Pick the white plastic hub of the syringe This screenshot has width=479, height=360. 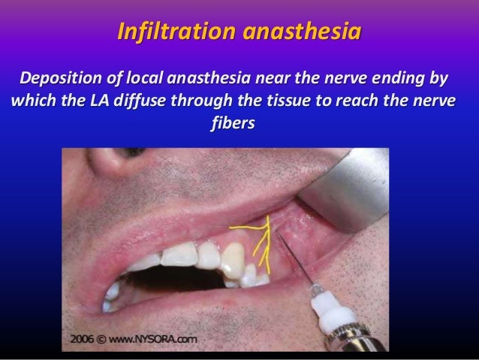[330, 308]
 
